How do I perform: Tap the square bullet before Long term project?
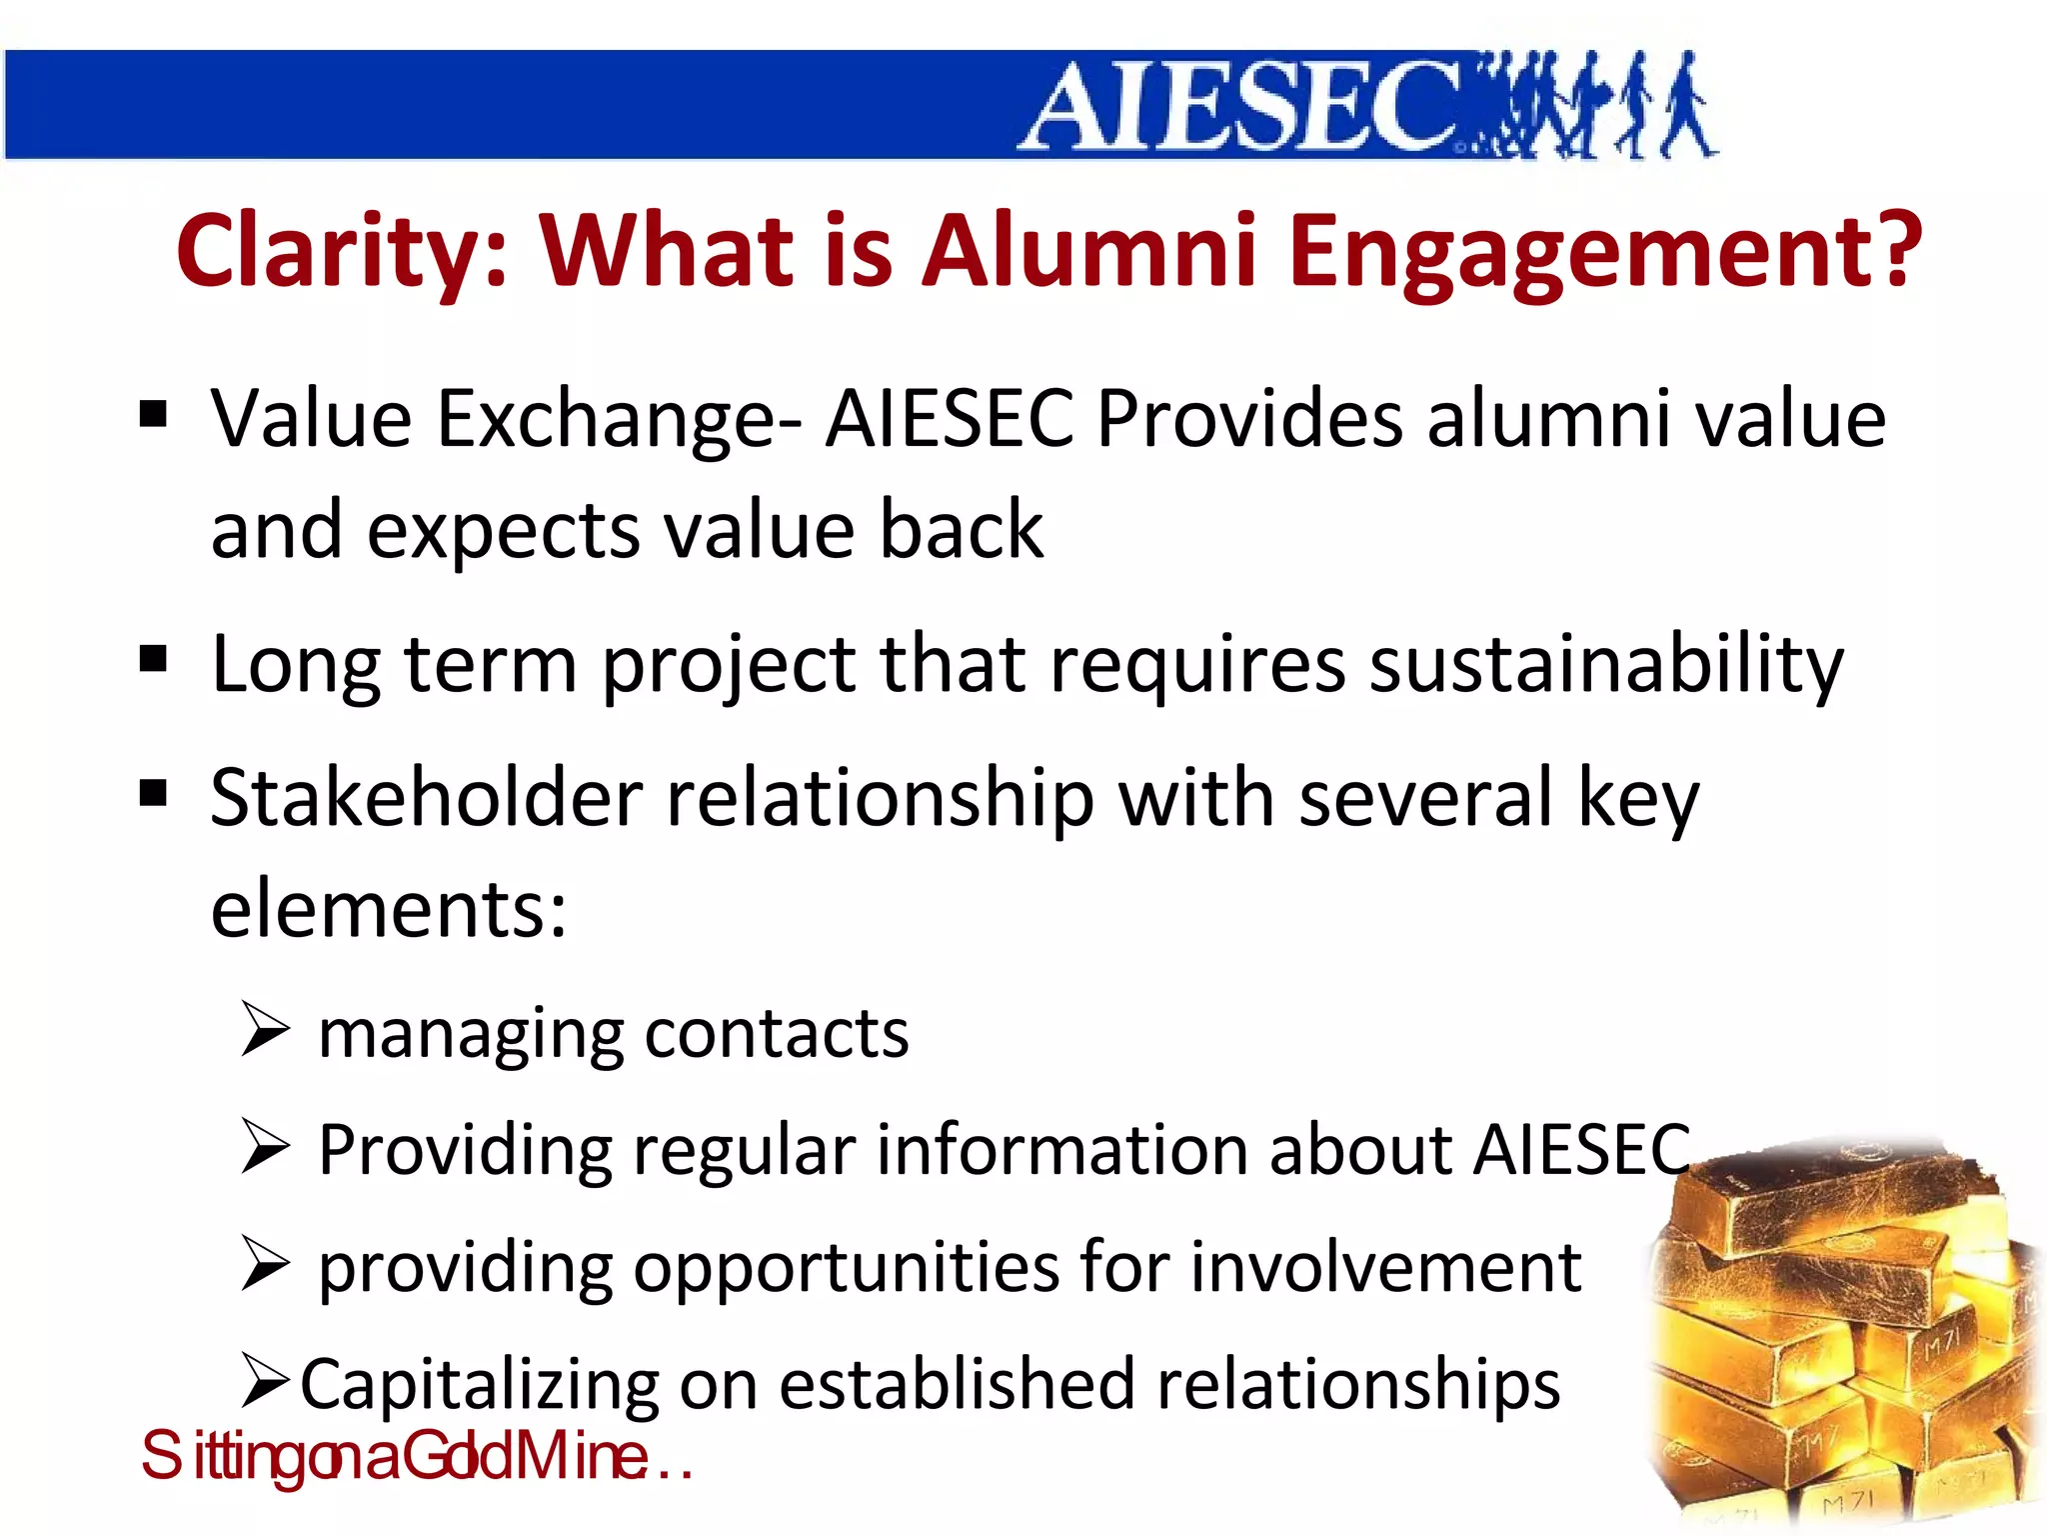pyautogui.click(x=153, y=659)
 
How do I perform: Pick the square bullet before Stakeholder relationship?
pyautogui.click(x=153, y=794)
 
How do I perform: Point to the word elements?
pyautogui.click(x=388, y=908)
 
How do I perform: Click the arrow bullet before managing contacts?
pyautogui.click(x=265, y=1030)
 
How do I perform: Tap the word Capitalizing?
pyautogui.click(x=479, y=1385)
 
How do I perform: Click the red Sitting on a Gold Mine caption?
pyautogui.click(x=416, y=1456)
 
